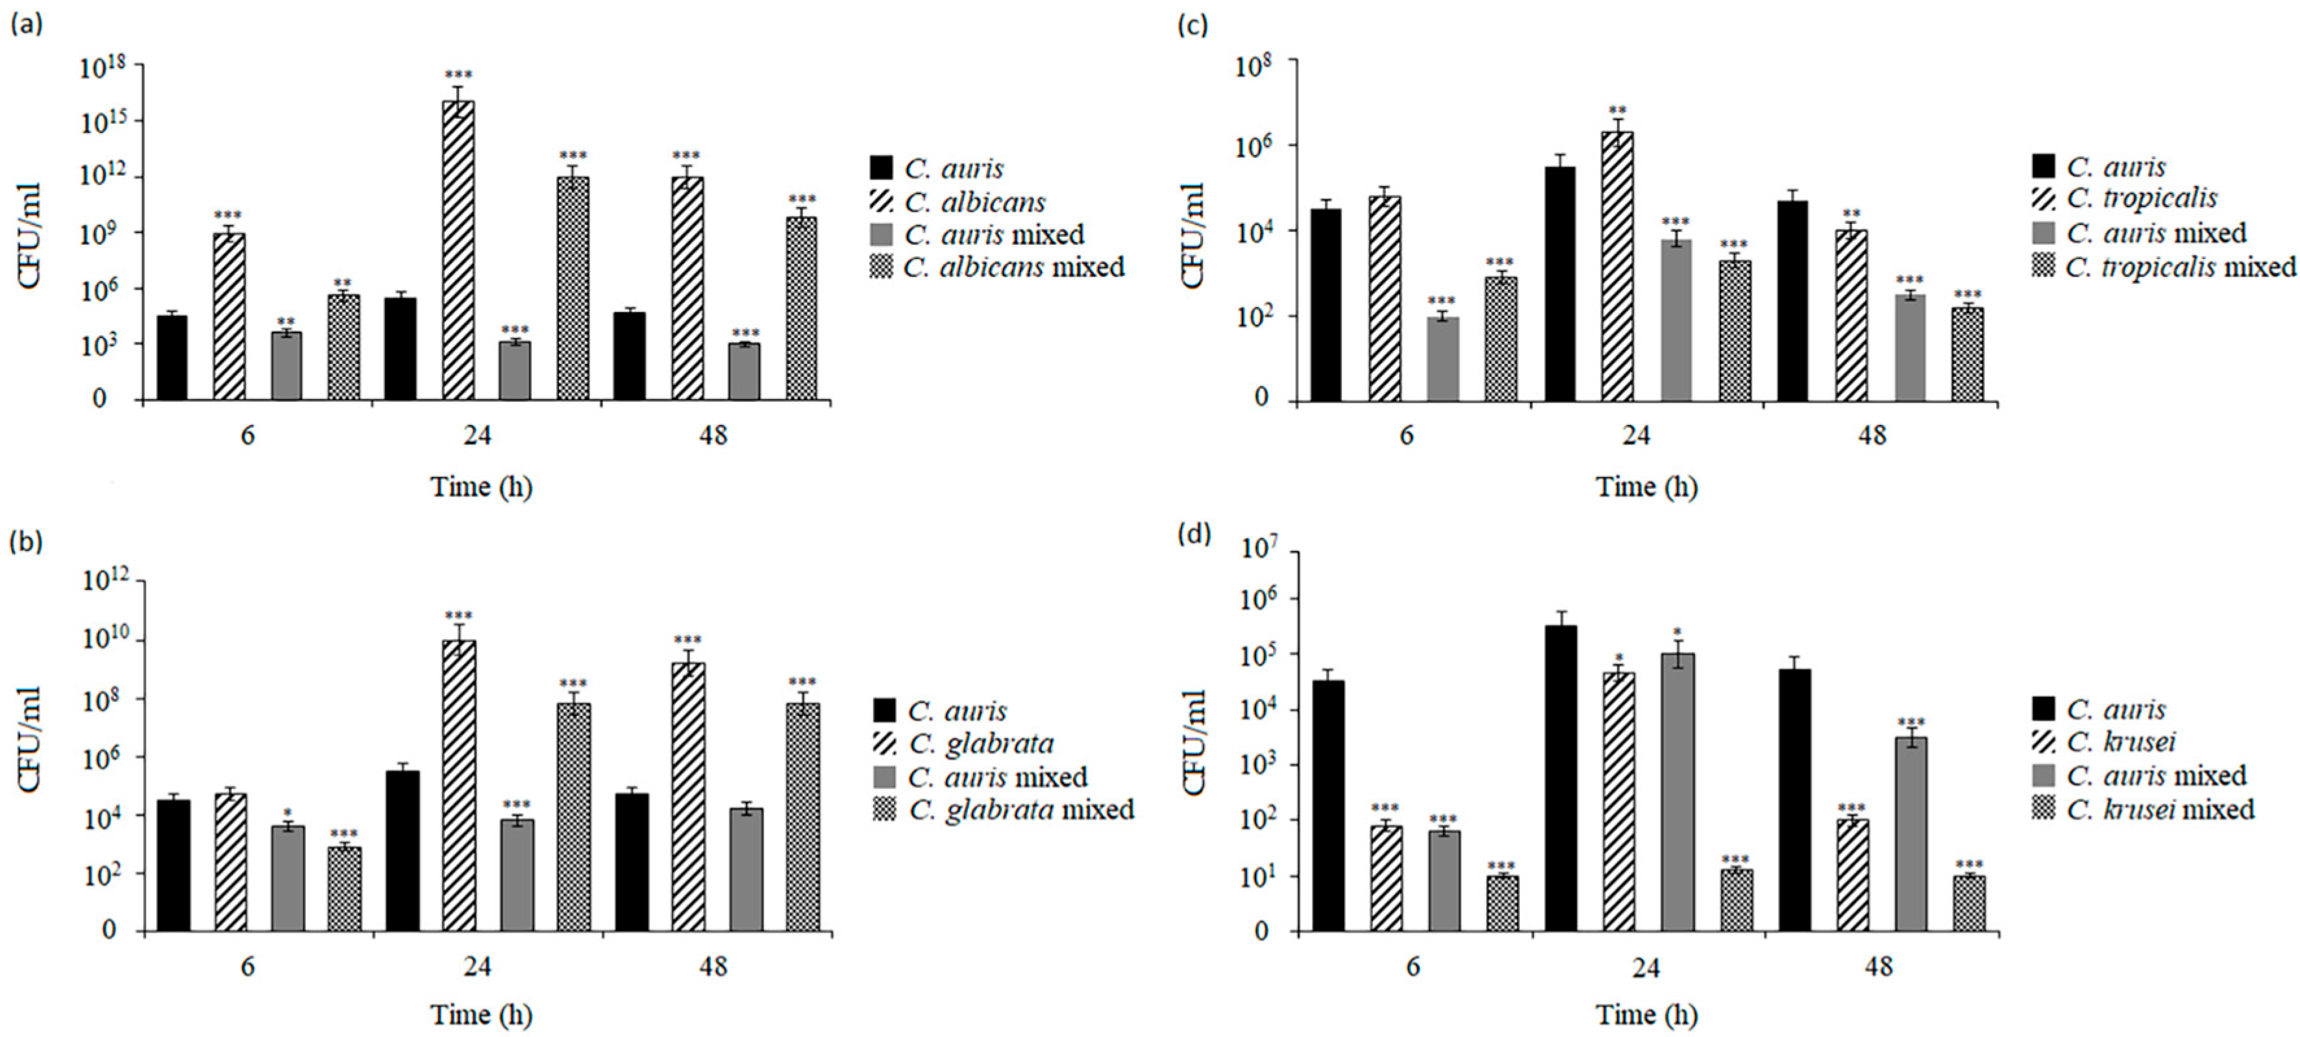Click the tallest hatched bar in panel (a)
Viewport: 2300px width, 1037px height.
[x=458, y=250]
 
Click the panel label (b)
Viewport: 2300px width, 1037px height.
[x=26, y=543]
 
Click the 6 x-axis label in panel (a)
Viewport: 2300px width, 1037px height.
[x=247, y=435]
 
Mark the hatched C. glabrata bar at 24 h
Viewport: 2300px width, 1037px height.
[x=459, y=785]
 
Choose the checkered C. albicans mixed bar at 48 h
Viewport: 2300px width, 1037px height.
[x=802, y=308]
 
